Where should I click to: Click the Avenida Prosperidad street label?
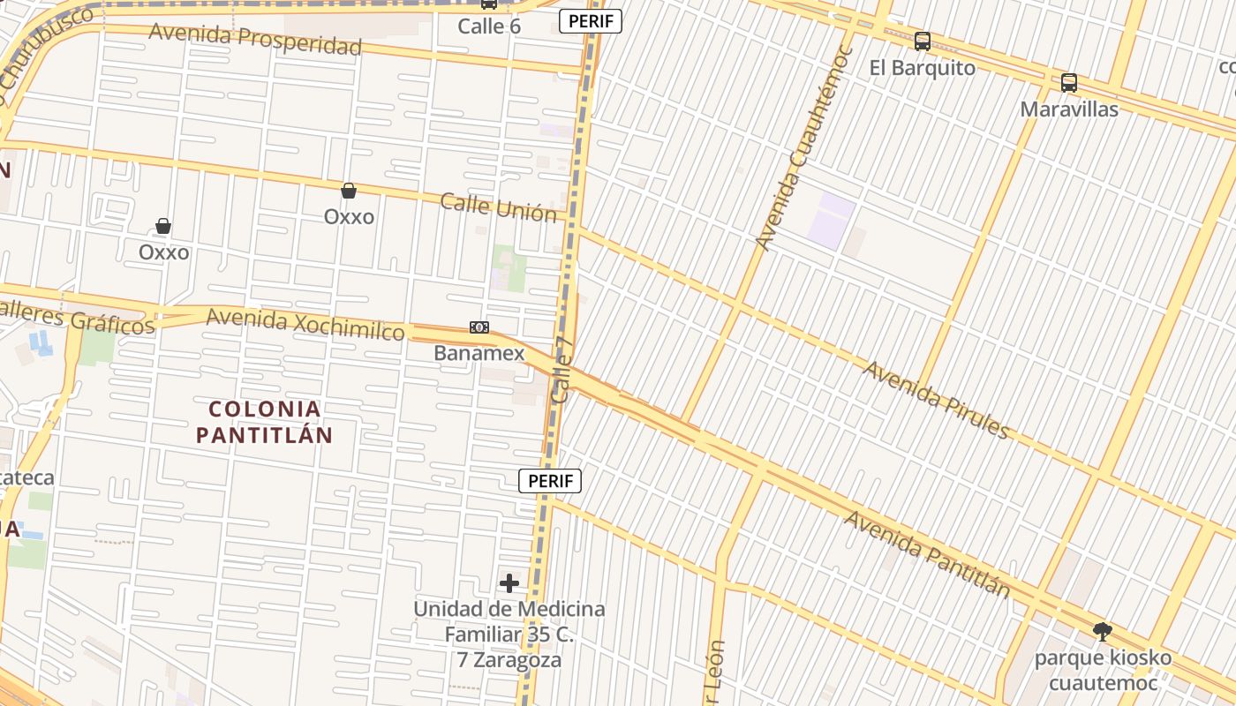(x=255, y=38)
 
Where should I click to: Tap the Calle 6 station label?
(x=489, y=26)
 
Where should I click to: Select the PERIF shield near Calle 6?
(x=591, y=21)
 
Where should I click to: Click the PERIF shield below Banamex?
(x=550, y=481)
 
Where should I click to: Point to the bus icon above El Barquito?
(x=923, y=41)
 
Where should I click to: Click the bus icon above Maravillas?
(x=1069, y=83)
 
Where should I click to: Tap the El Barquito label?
(x=923, y=68)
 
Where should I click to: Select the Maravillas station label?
(x=1069, y=109)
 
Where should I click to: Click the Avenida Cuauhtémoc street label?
(x=803, y=148)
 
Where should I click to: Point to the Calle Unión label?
(x=499, y=208)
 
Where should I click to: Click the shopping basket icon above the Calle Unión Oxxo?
(x=349, y=191)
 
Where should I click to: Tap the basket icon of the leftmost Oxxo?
(x=163, y=227)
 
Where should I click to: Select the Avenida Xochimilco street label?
(x=305, y=324)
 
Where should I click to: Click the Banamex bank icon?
(x=479, y=327)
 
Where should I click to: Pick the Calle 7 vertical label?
(x=562, y=369)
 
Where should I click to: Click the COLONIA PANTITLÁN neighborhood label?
(x=264, y=422)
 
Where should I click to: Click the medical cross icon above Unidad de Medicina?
(x=509, y=582)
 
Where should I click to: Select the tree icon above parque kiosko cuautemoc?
(x=1102, y=632)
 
